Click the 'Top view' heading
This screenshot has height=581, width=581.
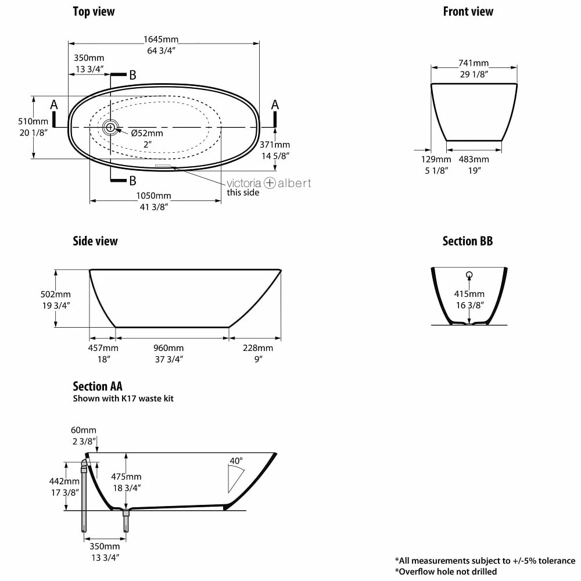pos(94,12)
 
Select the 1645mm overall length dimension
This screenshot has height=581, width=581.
pos(161,40)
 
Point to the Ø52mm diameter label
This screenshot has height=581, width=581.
pos(147,133)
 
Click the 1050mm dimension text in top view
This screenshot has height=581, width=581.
pos(154,196)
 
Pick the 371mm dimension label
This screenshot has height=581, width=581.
pos(274,145)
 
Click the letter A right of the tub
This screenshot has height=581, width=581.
pos(275,105)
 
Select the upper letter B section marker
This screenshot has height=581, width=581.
pos(133,75)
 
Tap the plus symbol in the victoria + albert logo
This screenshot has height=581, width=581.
pos(270,183)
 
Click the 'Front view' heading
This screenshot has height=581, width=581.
pos(468,12)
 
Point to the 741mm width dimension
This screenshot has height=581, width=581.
pos(473,63)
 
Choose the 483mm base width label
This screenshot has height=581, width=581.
pos(474,159)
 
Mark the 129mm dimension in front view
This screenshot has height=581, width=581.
pos(436,159)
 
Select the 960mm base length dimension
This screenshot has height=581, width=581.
pos(168,348)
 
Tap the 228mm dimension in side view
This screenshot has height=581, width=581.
pos(258,348)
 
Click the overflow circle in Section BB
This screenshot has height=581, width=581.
pos(469,275)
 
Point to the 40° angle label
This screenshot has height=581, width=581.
pos(236,461)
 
